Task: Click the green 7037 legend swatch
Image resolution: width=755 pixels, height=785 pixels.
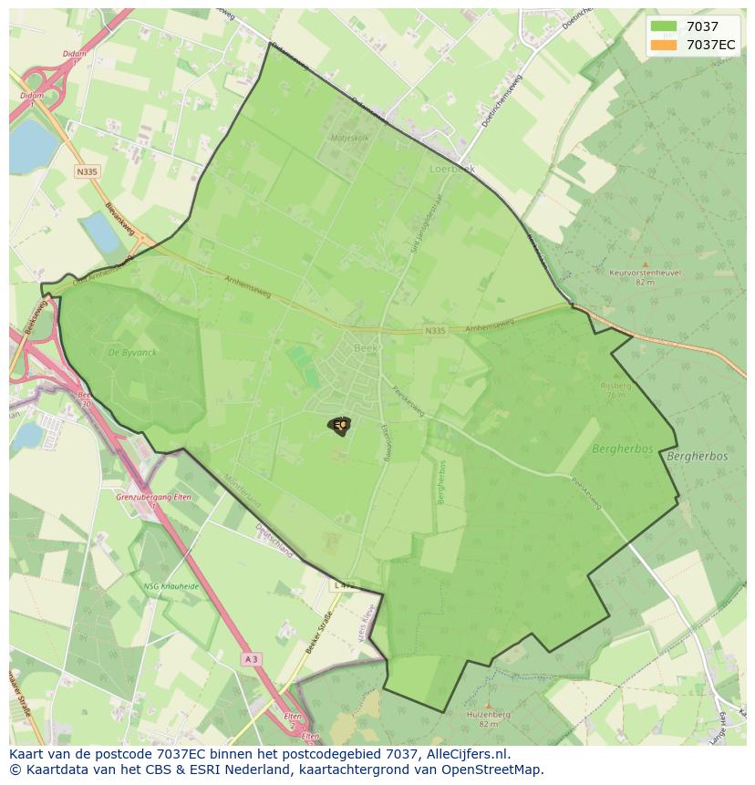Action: click(x=664, y=26)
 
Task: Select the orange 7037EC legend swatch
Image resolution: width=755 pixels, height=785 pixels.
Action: click(x=664, y=45)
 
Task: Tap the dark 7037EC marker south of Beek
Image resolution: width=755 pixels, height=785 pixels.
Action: click(x=339, y=425)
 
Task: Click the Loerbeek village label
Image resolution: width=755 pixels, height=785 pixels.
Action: click(x=452, y=169)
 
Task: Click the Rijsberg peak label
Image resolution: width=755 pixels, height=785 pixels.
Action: click(x=616, y=386)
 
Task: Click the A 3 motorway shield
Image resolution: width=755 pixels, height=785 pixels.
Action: click(x=253, y=658)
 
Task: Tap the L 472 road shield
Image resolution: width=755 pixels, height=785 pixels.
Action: click(x=343, y=584)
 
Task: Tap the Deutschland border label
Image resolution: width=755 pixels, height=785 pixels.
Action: click(x=274, y=540)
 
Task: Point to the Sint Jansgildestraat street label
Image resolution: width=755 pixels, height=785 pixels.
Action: click(x=421, y=223)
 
